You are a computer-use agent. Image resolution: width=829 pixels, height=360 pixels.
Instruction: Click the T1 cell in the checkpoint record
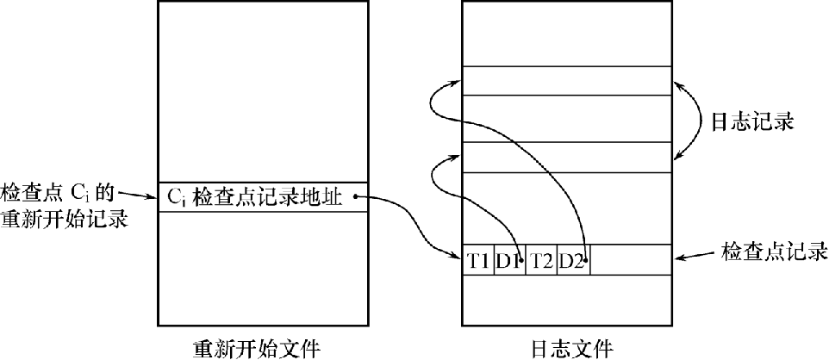pyautogui.click(x=478, y=259)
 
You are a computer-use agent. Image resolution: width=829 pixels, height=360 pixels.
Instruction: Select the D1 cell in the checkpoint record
pyautogui.click(x=509, y=259)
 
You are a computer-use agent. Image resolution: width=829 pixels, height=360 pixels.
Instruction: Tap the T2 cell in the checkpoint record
pyautogui.click(x=541, y=259)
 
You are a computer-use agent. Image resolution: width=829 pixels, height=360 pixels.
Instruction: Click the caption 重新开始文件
pyautogui.click(x=256, y=348)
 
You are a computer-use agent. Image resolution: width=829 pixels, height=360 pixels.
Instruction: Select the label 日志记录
pyautogui.click(x=748, y=121)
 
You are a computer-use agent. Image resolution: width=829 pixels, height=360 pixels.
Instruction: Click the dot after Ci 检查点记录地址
pyautogui.click(x=355, y=197)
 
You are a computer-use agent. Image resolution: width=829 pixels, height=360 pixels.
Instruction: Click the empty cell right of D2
pyautogui.click(x=631, y=259)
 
